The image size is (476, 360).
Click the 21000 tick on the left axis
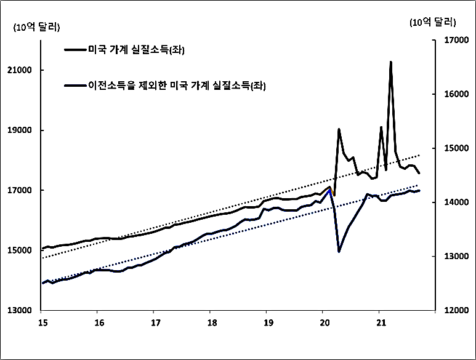[x=23, y=71]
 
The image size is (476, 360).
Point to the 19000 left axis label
[x=23, y=130]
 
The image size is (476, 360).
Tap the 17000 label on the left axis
[x=23, y=191]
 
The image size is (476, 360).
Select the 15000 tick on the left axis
[x=23, y=250]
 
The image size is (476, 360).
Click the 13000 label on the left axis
[x=23, y=311]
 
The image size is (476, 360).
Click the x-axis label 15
[x=42, y=322]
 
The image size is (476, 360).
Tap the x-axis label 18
[x=211, y=322]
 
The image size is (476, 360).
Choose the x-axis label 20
[x=325, y=322]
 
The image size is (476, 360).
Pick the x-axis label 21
[x=381, y=322]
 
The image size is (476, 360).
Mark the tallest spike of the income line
[x=390, y=62]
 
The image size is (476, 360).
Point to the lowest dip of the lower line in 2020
[x=339, y=251]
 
